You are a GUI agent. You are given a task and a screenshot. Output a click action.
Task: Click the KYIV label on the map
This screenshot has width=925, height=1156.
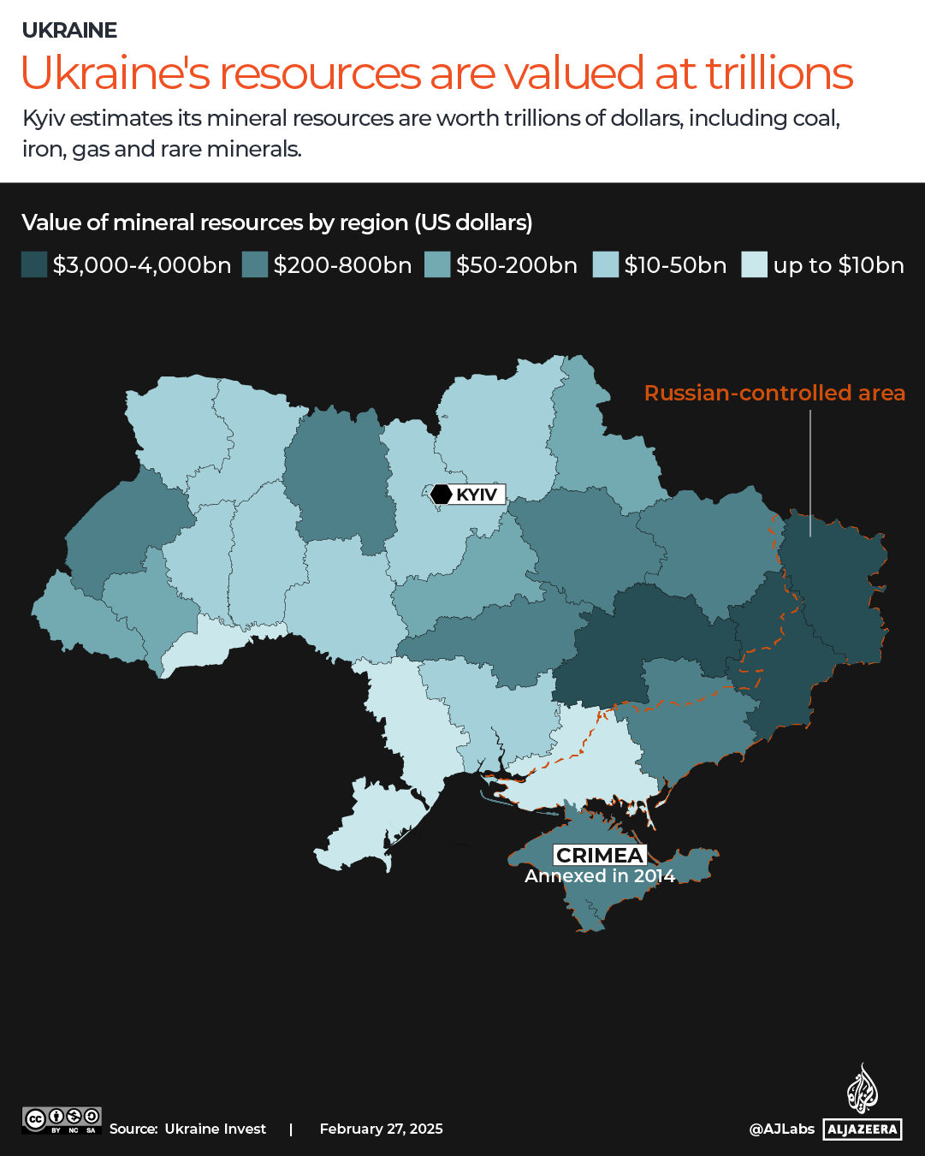click(477, 495)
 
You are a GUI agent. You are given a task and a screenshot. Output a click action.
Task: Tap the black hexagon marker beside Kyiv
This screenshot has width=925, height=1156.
click(442, 495)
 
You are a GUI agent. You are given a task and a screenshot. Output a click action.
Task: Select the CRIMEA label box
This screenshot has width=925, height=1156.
click(599, 855)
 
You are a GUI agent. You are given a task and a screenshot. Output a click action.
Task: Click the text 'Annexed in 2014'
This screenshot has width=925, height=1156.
click(600, 876)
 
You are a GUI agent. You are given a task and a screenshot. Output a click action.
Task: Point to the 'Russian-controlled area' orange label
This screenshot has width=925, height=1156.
click(774, 393)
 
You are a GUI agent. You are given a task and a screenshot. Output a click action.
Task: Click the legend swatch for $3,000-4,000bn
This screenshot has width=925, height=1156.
click(34, 265)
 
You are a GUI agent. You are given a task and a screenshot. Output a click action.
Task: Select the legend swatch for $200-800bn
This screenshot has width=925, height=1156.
click(255, 265)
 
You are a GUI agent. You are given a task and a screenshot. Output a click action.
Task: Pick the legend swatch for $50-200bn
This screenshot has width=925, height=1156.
click(437, 265)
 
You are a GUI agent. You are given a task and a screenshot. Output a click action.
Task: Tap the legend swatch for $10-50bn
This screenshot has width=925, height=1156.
click(606, 265)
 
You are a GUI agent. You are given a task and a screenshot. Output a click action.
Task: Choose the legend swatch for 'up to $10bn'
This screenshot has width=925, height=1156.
click(754, 265)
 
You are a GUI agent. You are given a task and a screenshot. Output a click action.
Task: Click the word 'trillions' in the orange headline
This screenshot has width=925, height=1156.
click(779, 74)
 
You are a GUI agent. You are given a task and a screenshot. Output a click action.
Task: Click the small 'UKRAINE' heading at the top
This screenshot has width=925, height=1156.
click(69, 30)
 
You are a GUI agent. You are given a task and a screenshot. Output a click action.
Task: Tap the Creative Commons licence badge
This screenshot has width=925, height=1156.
click(62, 1120)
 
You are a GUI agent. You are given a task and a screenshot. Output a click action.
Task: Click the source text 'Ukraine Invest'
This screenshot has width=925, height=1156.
click(215, 1129)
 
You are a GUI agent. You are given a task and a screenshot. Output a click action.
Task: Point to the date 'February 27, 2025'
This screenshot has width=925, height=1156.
click(381, 1129)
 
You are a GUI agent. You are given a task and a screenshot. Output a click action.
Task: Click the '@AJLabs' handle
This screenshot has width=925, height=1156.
click(781, 1129)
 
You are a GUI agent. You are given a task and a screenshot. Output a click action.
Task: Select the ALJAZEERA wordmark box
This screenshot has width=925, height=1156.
click(863, 1129)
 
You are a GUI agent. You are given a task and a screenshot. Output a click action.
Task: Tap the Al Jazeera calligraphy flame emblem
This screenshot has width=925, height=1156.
click(863, 1088)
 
